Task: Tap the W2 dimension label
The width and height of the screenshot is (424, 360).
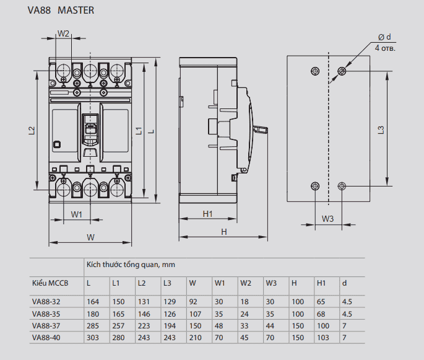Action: pyautogui.click(x=63, y=33)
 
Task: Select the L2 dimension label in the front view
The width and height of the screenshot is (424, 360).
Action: pyautogui.click(x=31, y=131)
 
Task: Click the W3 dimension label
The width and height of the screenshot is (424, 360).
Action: pyautogui.click(x=327, y=219)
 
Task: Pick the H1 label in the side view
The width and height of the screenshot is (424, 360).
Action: pyautogui.click(x=208, y=214)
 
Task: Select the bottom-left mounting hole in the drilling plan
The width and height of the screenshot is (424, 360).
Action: pyautogui.click(x=315, y=186)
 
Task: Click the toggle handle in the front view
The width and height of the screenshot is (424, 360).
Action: pyautogui.click(x=90, y=128)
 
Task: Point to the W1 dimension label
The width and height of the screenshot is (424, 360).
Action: pyautogui.click(x=77, y=214)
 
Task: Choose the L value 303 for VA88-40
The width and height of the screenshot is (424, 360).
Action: pyautogui.click(x=93, y=337)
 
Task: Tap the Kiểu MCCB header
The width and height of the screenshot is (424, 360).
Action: pyautogui.click(x=50, y=283)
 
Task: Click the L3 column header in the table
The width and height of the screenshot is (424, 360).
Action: pyautogui.click(x=167, y=283)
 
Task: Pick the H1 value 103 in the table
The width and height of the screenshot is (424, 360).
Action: pyautogui.click(x=322, y=337)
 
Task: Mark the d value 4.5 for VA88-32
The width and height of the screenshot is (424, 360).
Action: pyautogui.click(x=347, y=302)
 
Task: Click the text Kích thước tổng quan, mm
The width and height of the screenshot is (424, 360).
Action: pyautogui.click(x=131, y=265)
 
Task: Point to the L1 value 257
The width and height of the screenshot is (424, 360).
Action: pyautogui.click(x=118, y=325)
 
